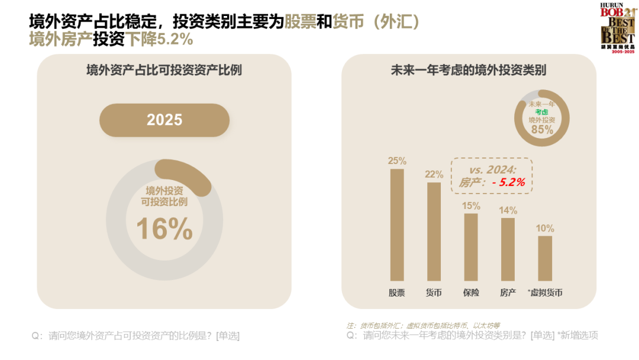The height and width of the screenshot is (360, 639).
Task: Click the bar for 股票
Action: tap(397, 225)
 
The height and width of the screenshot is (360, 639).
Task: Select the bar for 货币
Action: tap(434, 232)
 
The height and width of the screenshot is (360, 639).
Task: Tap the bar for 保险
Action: tap(471, 247)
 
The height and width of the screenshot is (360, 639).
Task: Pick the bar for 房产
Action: tap(508, 249)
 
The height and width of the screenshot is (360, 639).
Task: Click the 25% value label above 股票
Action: tap(397, 160)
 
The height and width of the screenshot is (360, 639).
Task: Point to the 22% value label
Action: tap(434, 174)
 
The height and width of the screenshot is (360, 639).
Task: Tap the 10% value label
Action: tap(545, 228)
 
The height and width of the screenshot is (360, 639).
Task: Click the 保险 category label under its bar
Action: tap(471, 292)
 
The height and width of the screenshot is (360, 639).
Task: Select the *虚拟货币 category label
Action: tap(544, 292)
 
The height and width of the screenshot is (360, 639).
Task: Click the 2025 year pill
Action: tap(164, 120)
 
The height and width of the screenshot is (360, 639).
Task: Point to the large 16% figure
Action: tap(164, 229)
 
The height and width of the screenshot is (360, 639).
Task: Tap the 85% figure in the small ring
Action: tap(542, 130)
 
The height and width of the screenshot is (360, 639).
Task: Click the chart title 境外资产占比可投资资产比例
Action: tap(164, 70)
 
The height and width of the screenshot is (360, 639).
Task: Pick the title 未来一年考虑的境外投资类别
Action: tap(469, 70)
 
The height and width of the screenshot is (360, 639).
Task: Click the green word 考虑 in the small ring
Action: tap(542, 111)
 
